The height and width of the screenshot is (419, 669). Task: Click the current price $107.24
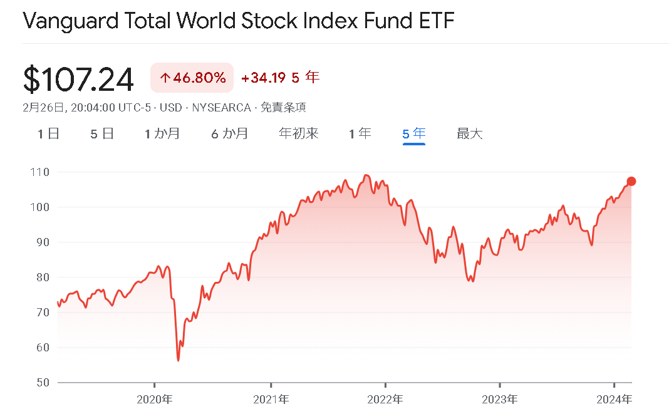click(78, 79)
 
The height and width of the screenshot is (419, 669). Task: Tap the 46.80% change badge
click(192, 78)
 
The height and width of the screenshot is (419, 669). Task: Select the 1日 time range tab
click(48, 133)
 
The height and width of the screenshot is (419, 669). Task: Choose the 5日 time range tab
click(102, 133)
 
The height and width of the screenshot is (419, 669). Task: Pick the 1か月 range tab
click(162, 133)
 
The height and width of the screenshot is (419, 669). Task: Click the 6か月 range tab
click(229, 133)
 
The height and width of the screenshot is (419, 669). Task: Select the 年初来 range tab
click(299, 133)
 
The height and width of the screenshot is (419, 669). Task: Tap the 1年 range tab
click(360, 133)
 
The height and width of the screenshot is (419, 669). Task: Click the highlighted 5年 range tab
click(414, 133)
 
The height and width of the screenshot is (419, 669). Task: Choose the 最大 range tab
click(470, 133)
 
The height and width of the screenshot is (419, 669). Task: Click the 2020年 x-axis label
click(154, 399)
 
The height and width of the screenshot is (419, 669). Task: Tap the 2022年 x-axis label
click(385, 399)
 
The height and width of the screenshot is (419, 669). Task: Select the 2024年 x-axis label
click(615, 399)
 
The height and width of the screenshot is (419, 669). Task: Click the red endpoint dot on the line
click(631, 182)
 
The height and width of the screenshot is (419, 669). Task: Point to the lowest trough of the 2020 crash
click(179, 360)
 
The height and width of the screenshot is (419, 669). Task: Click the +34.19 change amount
click(264, 78)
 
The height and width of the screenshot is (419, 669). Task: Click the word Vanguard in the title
click(66, 21)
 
